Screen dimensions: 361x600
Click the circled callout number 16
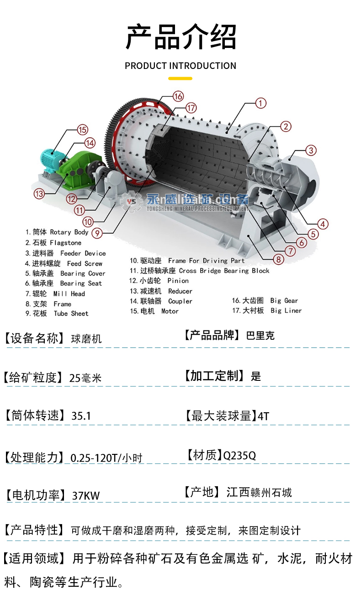coord(178,96)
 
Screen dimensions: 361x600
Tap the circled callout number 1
coord(260,103)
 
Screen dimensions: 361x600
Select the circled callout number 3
coord(311,150)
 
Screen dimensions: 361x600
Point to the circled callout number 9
coord(97,233)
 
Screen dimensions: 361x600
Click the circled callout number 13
coord(39,194)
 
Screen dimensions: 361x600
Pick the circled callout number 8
coord(278,259)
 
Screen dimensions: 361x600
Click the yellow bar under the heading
coord(180,79)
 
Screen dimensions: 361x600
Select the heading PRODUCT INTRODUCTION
coord(180,66)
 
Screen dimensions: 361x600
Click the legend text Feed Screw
coord(85,263)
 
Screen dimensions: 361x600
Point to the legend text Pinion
coord(178,281)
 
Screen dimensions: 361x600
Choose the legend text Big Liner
coord(286,311)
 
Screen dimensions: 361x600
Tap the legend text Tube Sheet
coord(71,313)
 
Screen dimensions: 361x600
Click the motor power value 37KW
coord(86,495)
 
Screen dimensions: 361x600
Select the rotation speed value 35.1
coord(81,416)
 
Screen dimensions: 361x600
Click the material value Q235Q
coord(239,455)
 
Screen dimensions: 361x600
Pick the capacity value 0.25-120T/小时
coord(106,458)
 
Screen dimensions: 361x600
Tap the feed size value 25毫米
coord(85,378)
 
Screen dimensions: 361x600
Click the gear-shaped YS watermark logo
coord(132,201)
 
